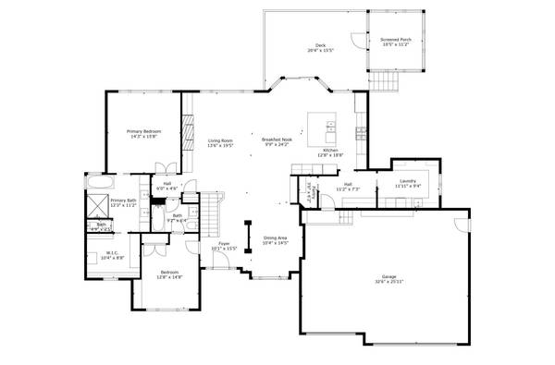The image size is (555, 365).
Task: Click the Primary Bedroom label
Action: tap(144, 131)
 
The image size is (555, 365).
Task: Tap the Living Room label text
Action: tap(220, 140)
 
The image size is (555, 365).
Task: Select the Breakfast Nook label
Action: tap(277, 140)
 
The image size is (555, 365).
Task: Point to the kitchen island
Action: tap(322, 123)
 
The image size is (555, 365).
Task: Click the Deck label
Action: tap(320, 45)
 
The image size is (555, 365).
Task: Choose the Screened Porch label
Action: tap(394, 40)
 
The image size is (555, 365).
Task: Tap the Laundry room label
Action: tap(408, 181)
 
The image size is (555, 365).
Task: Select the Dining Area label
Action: tap(276, 237)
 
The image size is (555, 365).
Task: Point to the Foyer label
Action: tap(224, 244)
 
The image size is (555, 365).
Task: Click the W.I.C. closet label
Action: tap(111, 252)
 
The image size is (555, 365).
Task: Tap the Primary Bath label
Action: tap(123, 201)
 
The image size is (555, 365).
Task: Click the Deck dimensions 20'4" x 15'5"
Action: tap(320, 51)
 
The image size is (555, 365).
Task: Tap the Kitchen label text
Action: tap(330, 150)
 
